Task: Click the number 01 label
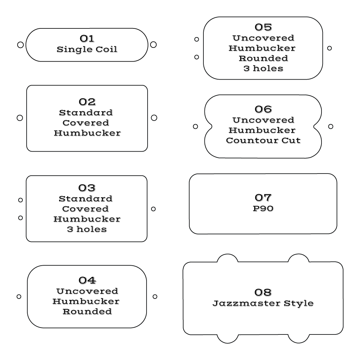[x=87, y=39]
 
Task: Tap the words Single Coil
[x=87, y=49]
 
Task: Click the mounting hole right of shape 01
[x=153, y=44]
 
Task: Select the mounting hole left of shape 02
[x=20, y=118]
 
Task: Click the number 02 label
[x=87, y=102]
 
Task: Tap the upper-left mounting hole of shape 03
[x=21, y=200]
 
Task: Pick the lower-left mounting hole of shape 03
[x=21, y=217]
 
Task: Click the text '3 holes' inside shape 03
[x=87, y=229]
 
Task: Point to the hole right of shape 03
[x=153, y=209]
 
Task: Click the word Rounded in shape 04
[x=87, y=311]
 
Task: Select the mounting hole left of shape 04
[x=19, y=297]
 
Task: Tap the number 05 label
[x=263, y=27]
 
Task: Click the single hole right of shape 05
[x=329, y=48]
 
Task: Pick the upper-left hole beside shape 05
[x=197, y=39]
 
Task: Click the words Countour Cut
[x=263, y=140]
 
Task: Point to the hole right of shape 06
[x=331, y=126]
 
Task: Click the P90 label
[x=263, y=208]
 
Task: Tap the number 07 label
[x=263, y=198]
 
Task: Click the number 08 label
[x=263, y=292]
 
